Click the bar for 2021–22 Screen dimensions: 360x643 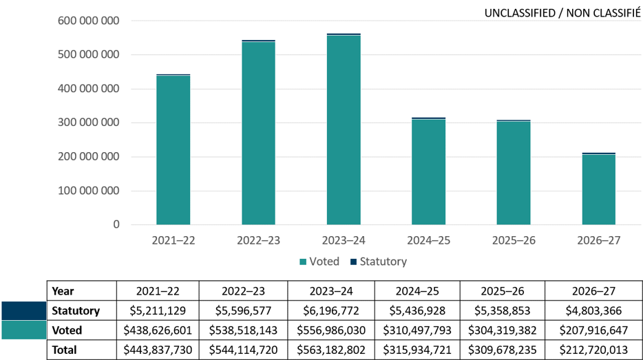(x=173, y=149)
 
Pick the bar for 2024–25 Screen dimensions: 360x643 (x=428, y=171)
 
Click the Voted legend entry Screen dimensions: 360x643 (x=319, y=262)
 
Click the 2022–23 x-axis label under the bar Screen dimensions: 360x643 (x=258, y=241)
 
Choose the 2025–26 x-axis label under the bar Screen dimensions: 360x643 (x=514, y=241)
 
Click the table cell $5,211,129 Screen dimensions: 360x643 (x=158, y=311)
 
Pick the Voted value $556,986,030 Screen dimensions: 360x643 (x=332, y=330)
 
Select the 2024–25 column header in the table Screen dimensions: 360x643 (x=417, y=291)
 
